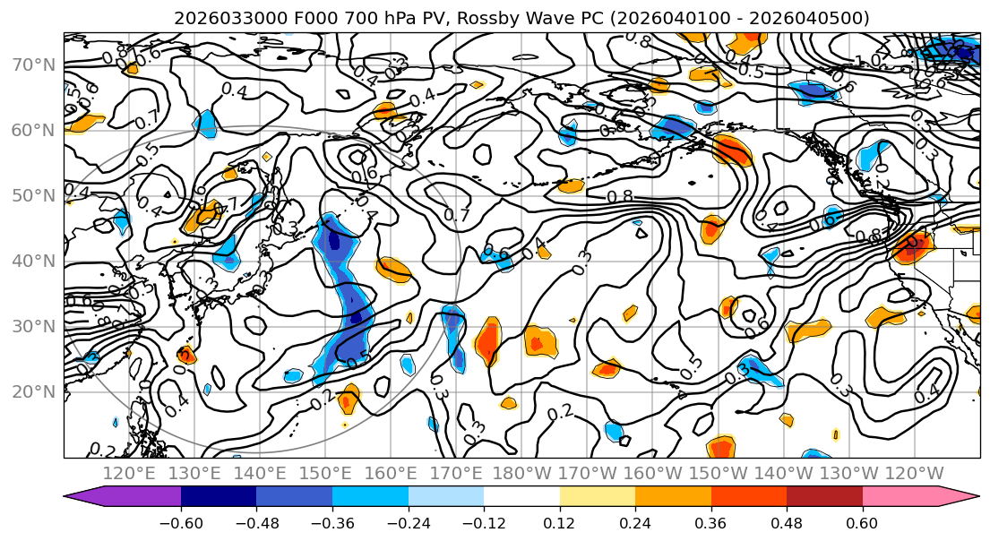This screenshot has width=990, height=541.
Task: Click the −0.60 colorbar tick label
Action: [x=181, y=521]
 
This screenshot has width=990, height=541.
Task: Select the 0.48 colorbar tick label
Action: [x=787, y=521]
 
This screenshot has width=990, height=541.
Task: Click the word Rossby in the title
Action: [x=485, y=18]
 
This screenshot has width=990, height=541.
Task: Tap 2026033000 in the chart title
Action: [x=220, y=18]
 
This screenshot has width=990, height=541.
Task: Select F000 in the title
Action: [x=294, y=18]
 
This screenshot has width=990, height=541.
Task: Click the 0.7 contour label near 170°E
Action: [x=457, y=215]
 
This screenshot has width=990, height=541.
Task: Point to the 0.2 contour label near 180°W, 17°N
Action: [x=560, y=411]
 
